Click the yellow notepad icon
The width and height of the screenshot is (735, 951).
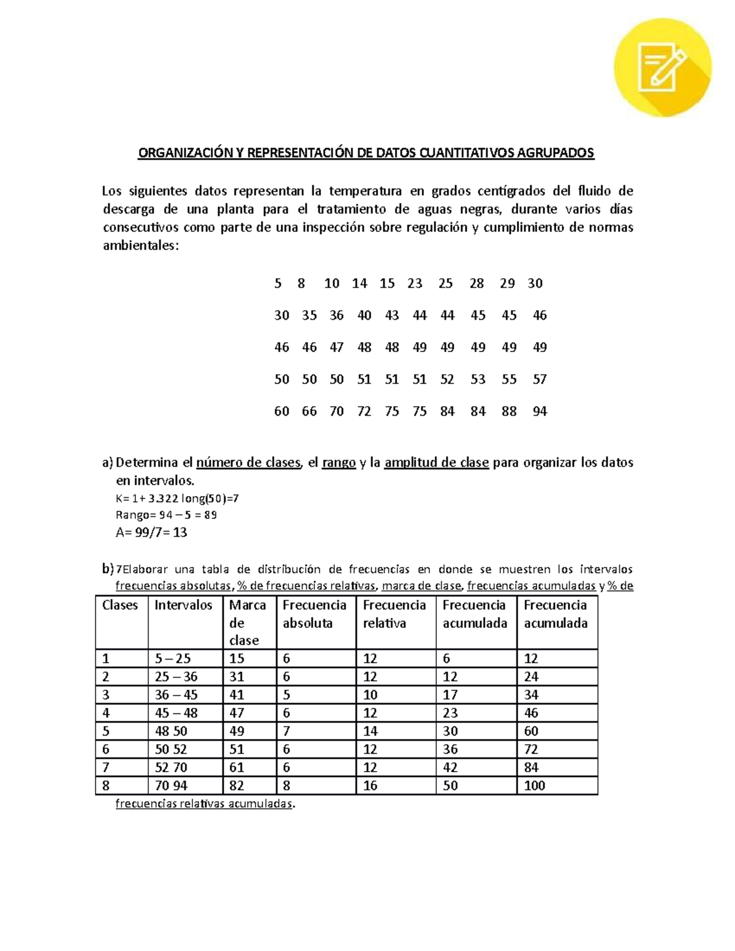point(662,67)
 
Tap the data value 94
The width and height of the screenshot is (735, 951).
point(540,412)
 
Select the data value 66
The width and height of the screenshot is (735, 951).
point(309,412)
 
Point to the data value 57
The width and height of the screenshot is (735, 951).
point(540,380)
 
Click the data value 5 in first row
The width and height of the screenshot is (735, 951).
point(278,284)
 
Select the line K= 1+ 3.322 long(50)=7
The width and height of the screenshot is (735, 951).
point(177,498)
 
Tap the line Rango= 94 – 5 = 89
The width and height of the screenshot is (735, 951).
point(166,515)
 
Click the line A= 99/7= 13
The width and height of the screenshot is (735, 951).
point(151,533)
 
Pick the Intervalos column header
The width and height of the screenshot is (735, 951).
point(183,605)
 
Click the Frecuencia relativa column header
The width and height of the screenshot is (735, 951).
point(394,614)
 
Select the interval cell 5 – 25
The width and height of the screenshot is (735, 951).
point(173,659)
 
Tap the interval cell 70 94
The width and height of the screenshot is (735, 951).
point(171,786)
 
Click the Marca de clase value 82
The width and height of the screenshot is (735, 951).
point(236,786)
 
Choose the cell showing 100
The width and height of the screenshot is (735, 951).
point(535,786)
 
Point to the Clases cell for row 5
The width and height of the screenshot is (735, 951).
point(106,731)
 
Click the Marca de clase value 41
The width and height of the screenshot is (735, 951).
point(236,695)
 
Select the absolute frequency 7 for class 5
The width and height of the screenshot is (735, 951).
point(287,731)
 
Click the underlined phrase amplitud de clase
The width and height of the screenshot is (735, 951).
point(436,463)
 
